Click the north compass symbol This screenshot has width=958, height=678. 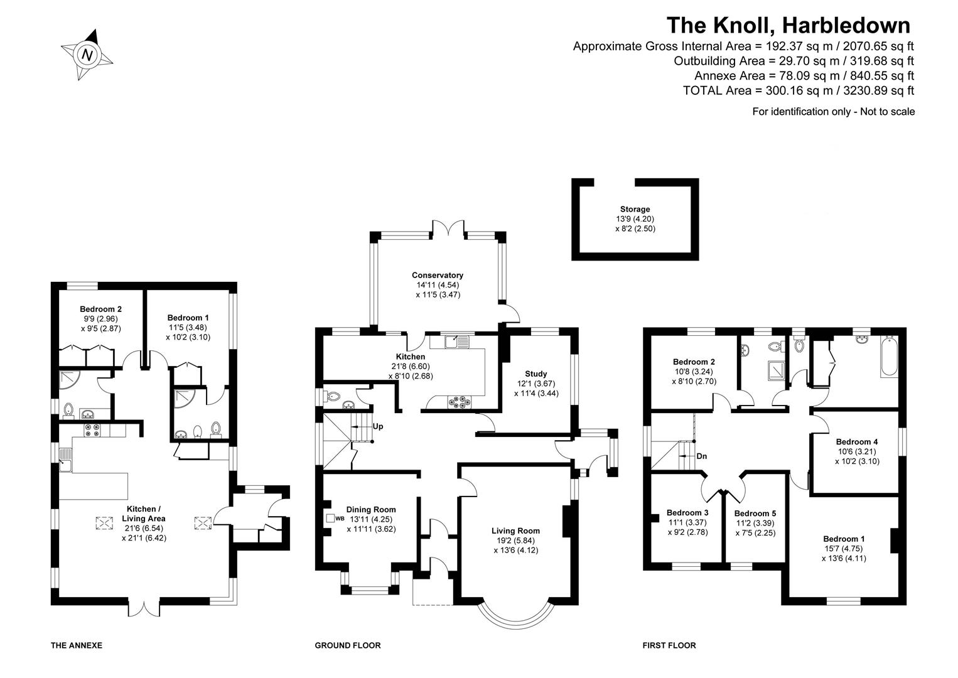[87, 55]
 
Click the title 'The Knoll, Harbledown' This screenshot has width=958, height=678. [788, 25]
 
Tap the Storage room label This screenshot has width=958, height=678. [635, 209]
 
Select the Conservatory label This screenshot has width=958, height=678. [438, 275]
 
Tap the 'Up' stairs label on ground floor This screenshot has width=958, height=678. [378, 426]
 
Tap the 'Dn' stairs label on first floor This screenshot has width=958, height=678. [701, 456]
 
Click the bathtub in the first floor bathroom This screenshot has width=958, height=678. [889, 356]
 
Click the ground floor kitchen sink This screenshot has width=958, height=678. [453, 342]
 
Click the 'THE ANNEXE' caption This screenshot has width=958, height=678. [76, 645]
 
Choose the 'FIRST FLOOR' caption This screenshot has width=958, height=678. [669, 645]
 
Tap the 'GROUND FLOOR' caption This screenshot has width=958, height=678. [347, 645]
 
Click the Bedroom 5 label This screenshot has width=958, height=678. [755, 513]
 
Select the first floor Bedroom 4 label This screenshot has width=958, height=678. [857, 441]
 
